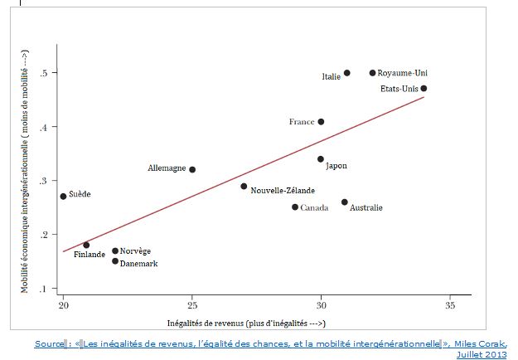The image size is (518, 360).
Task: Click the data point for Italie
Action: (x=346, y=73)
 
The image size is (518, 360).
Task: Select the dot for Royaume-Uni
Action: (x=372, y=73)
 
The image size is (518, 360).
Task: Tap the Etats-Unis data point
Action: (x=424, y=88)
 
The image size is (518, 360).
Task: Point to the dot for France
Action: (x=321, y=122)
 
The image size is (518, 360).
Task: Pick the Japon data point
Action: (x=321, y=159)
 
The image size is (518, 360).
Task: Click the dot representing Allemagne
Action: (x=192, y=169)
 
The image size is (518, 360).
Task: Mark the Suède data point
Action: (x=63, y=197)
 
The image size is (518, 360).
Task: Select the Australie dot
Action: (x=345, y=202)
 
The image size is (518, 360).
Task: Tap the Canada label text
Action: (x=314, y=207)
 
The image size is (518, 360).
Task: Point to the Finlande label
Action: (x=89, y=255)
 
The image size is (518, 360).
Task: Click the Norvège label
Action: (x=135, y=251)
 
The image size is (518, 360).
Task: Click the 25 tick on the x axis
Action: (x=191, y=304)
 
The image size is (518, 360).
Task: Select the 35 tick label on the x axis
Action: (x=449, y=304)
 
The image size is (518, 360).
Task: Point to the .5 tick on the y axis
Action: (x=52, y=73)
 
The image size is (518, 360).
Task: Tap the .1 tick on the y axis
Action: (x=52, y=288)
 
